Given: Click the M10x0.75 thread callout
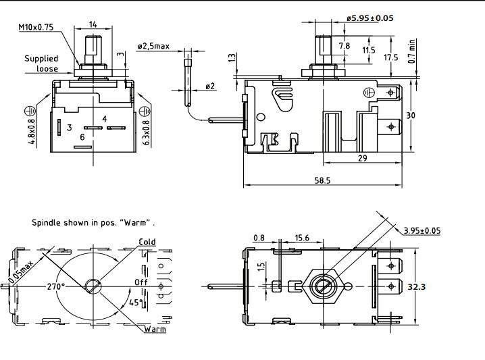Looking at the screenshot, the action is point(36,27).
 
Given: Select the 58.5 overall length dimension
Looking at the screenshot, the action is point(323,180).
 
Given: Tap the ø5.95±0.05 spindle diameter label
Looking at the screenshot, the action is point(370,18).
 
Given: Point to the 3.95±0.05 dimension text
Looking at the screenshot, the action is point(422,230).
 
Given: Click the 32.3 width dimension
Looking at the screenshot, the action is point(416,287).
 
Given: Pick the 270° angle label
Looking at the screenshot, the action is point(55,286).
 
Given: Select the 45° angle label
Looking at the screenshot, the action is point(136,303).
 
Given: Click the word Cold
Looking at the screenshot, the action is point(147,242).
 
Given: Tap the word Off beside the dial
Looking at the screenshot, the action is point(141,282).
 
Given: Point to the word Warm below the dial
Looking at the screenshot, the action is point(155,329).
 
